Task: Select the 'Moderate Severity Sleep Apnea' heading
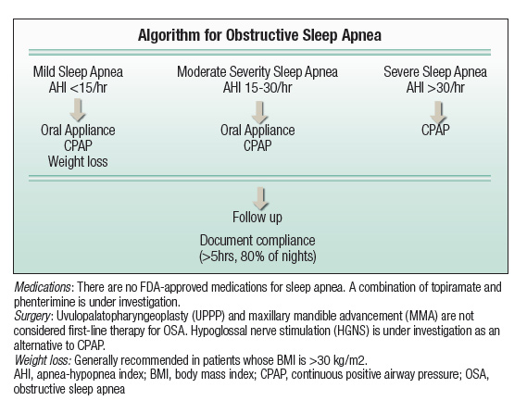[x=257, y=71]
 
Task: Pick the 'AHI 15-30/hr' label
[x=257, y=87]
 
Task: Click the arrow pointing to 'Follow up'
[x=260, y=197]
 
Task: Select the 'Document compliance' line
[x=260, y=238]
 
